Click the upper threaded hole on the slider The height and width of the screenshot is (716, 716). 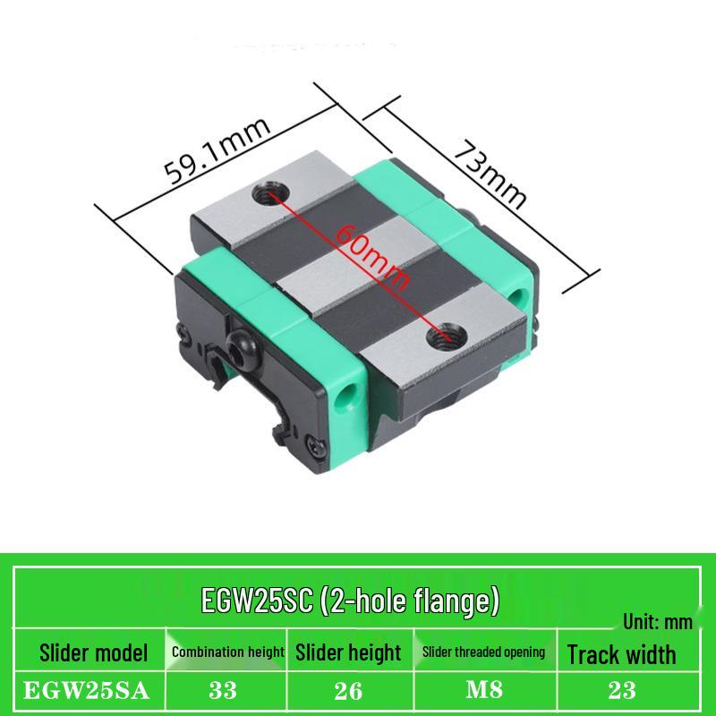tap(267, 191)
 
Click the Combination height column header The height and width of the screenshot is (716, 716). tap(228, 652)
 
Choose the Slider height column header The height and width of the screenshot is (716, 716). tap(348, 652)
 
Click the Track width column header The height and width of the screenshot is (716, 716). tap(621, 654)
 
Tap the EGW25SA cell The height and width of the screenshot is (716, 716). tap(88, 690)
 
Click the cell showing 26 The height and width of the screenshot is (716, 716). tap(348, 690)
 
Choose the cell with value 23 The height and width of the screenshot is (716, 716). tap(621, 690)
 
